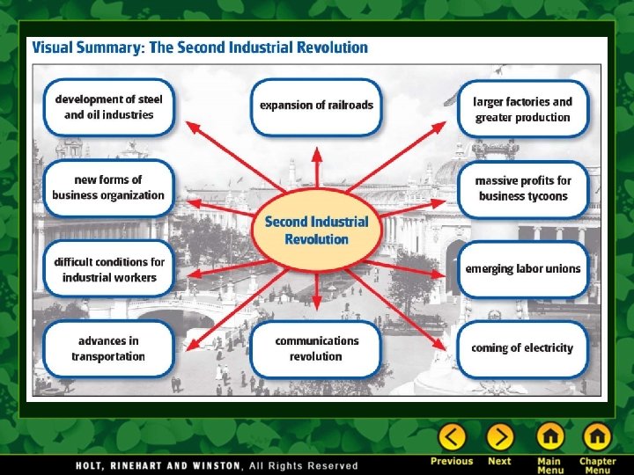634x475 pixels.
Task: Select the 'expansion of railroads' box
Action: point(316,106)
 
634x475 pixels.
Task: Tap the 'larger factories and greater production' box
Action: point(523,109)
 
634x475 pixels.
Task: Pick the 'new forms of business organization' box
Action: point(108,187)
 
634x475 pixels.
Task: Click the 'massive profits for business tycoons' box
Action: point(523,188)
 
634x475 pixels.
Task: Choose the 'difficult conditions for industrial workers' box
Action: point(108,269)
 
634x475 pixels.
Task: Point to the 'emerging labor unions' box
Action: point(523,268)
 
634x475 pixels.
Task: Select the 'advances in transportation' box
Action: point(108,348)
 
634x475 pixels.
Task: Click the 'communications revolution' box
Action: point(316,348)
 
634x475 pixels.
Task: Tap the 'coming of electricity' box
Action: point(522,348)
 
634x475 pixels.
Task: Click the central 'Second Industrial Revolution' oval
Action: point(316,230)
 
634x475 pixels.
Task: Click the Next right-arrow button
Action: point(499,437)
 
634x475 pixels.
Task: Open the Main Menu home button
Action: point(550,437)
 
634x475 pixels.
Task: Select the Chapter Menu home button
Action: point(596,437)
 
